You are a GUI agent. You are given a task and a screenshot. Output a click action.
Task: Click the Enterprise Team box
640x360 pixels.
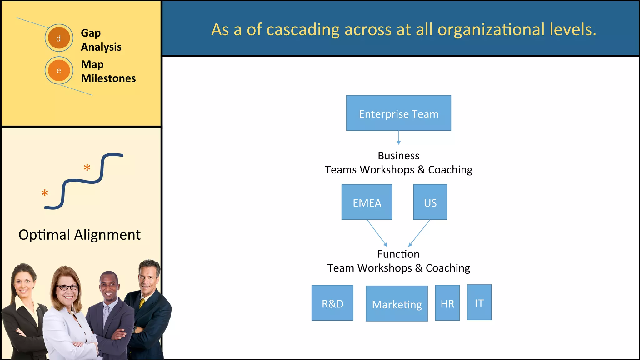click(x=398, y=113)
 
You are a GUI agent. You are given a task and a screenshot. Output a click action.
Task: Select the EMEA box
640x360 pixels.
click(x=367, y=202)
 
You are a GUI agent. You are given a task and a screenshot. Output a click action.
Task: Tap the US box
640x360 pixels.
click(x=430, y=202)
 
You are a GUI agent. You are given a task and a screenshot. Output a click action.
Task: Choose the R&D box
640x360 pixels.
click(x=332, y=303)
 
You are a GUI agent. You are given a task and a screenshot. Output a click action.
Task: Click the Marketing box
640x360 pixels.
click(x=397, y=304)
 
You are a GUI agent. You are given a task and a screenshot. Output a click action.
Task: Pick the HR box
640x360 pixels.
click(x=447, y=303)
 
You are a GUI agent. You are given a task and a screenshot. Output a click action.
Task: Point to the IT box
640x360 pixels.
click(x=479, y=302)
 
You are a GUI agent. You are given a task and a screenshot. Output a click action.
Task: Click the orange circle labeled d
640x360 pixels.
click(x=59, y=38)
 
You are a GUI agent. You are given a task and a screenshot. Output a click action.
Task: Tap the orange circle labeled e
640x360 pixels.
click(x=59, y=70)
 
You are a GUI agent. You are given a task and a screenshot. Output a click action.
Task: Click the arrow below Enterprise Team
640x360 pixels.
click(x=398, y=138)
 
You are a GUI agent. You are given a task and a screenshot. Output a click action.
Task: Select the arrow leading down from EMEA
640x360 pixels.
click(x=377, y=233)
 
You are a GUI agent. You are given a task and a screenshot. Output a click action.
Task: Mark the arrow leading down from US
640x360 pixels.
click(x=419, y=233)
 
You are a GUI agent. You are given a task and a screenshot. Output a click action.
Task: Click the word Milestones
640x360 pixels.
click(x=108, y=78)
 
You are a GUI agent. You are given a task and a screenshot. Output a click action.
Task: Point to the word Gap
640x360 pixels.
click(x=91, y=33)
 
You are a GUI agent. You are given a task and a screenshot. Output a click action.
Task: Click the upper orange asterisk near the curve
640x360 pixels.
click(x=87, y=168)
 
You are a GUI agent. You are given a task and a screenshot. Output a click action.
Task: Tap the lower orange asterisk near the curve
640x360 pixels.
click(x=45, y=193)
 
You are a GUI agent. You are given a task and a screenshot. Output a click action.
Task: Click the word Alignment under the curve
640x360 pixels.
click(x=107, y=235)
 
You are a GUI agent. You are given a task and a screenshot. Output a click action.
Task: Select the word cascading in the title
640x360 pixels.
click(x=303, y=30)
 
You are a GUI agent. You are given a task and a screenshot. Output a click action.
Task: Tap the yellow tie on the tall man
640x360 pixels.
click(x=142, y=302)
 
